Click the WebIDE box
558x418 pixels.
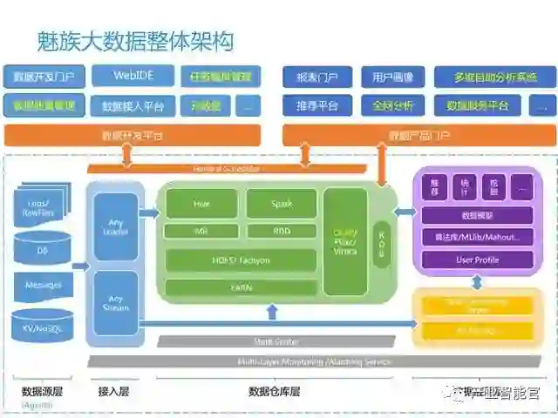click(x=133, y=76)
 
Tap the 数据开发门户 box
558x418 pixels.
click(x=44, y=76)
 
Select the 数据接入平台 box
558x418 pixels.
click(x=133, y=106)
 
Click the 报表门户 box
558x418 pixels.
click(x=317, y=77)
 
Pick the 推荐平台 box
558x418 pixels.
click(x=317, y=106)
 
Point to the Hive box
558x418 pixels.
click(x=201, y=203)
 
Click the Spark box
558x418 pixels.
click(x=281, y=203)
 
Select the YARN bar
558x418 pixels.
click(x=241, y=287)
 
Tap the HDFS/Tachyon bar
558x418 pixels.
click(x=241, y=260)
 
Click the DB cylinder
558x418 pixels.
click(x=43, y=249)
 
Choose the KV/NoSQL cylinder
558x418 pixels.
click(x=43, y=325)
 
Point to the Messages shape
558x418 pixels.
click(x=43, y=285)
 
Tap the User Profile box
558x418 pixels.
click(x=477, y=260)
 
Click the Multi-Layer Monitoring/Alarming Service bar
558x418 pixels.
click(x=314, y=361)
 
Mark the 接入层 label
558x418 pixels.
click(x=113, y=392)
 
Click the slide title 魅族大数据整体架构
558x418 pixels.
click(x=135, y=40)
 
